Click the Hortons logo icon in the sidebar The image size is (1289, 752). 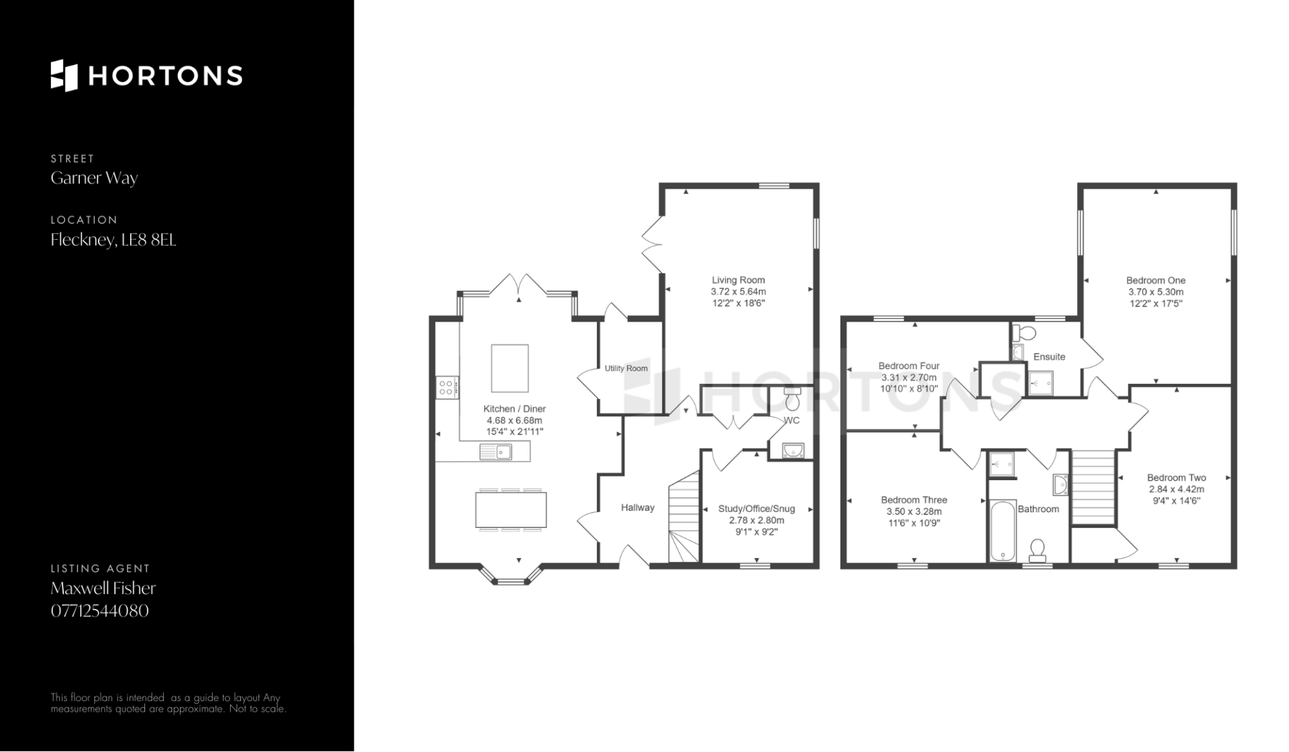pyautogui.click(x=64, y=75)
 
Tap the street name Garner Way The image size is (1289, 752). pyautogui.click(x=94, y=178)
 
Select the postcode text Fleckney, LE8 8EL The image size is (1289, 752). pyautogui.click(x=113, y=240)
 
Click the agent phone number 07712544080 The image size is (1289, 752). pyautogui.click(x=100, y=610)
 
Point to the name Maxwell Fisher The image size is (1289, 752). pyautogui.click(x=103, y=588)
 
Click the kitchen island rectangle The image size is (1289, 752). pyautogui.click(x=510, y=368)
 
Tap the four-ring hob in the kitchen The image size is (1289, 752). pyautogui.click(x=447, y=387)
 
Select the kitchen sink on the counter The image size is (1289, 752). pyautogui.click(x=496, y=452)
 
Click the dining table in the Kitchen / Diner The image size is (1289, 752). pyautogui.click(x=511, y=510)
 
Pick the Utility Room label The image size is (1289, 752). pyautogui.click(x=626, y=369)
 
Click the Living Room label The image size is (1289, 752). pyautogui.click(x=738, y=280)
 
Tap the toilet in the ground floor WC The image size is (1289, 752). pyautogui.click(x=792, y=399)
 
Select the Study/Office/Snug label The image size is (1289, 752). pyautogui.click(x=757, y=509)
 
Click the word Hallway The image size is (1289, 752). pyautogui.click(x=638, y=508)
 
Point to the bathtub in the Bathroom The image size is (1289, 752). pyautogui.click(x=1003, y=530)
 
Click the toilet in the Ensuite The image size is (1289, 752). pyautogui.click(x=1024, y=332)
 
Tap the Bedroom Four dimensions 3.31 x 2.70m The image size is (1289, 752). pyautogui.click(x=909, y=377)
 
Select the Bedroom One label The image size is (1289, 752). pyautogui.click(x=1156, y=281)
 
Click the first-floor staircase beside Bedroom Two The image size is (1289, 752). pyautogui.click(x=1094, y=486)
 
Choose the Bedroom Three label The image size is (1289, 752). pyautogui.click(x=914, y=500)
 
